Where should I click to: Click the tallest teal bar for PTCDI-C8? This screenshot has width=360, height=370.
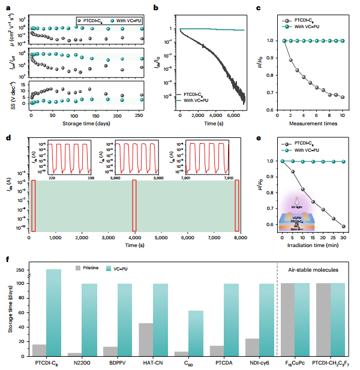[53, 312]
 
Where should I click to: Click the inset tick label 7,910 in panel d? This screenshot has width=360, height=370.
[235, 177]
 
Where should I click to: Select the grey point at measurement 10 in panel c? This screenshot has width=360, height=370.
[342, 97]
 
